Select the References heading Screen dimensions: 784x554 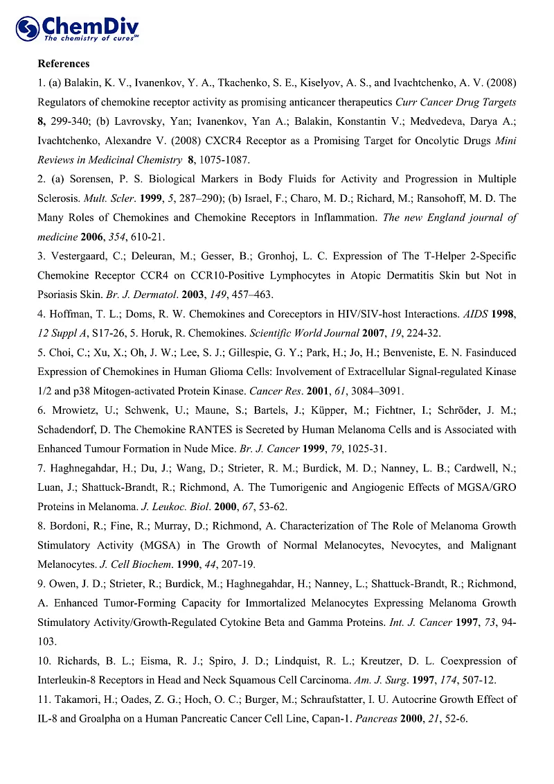64,64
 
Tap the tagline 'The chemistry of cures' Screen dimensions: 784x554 91,39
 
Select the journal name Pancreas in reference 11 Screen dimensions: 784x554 374,719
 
